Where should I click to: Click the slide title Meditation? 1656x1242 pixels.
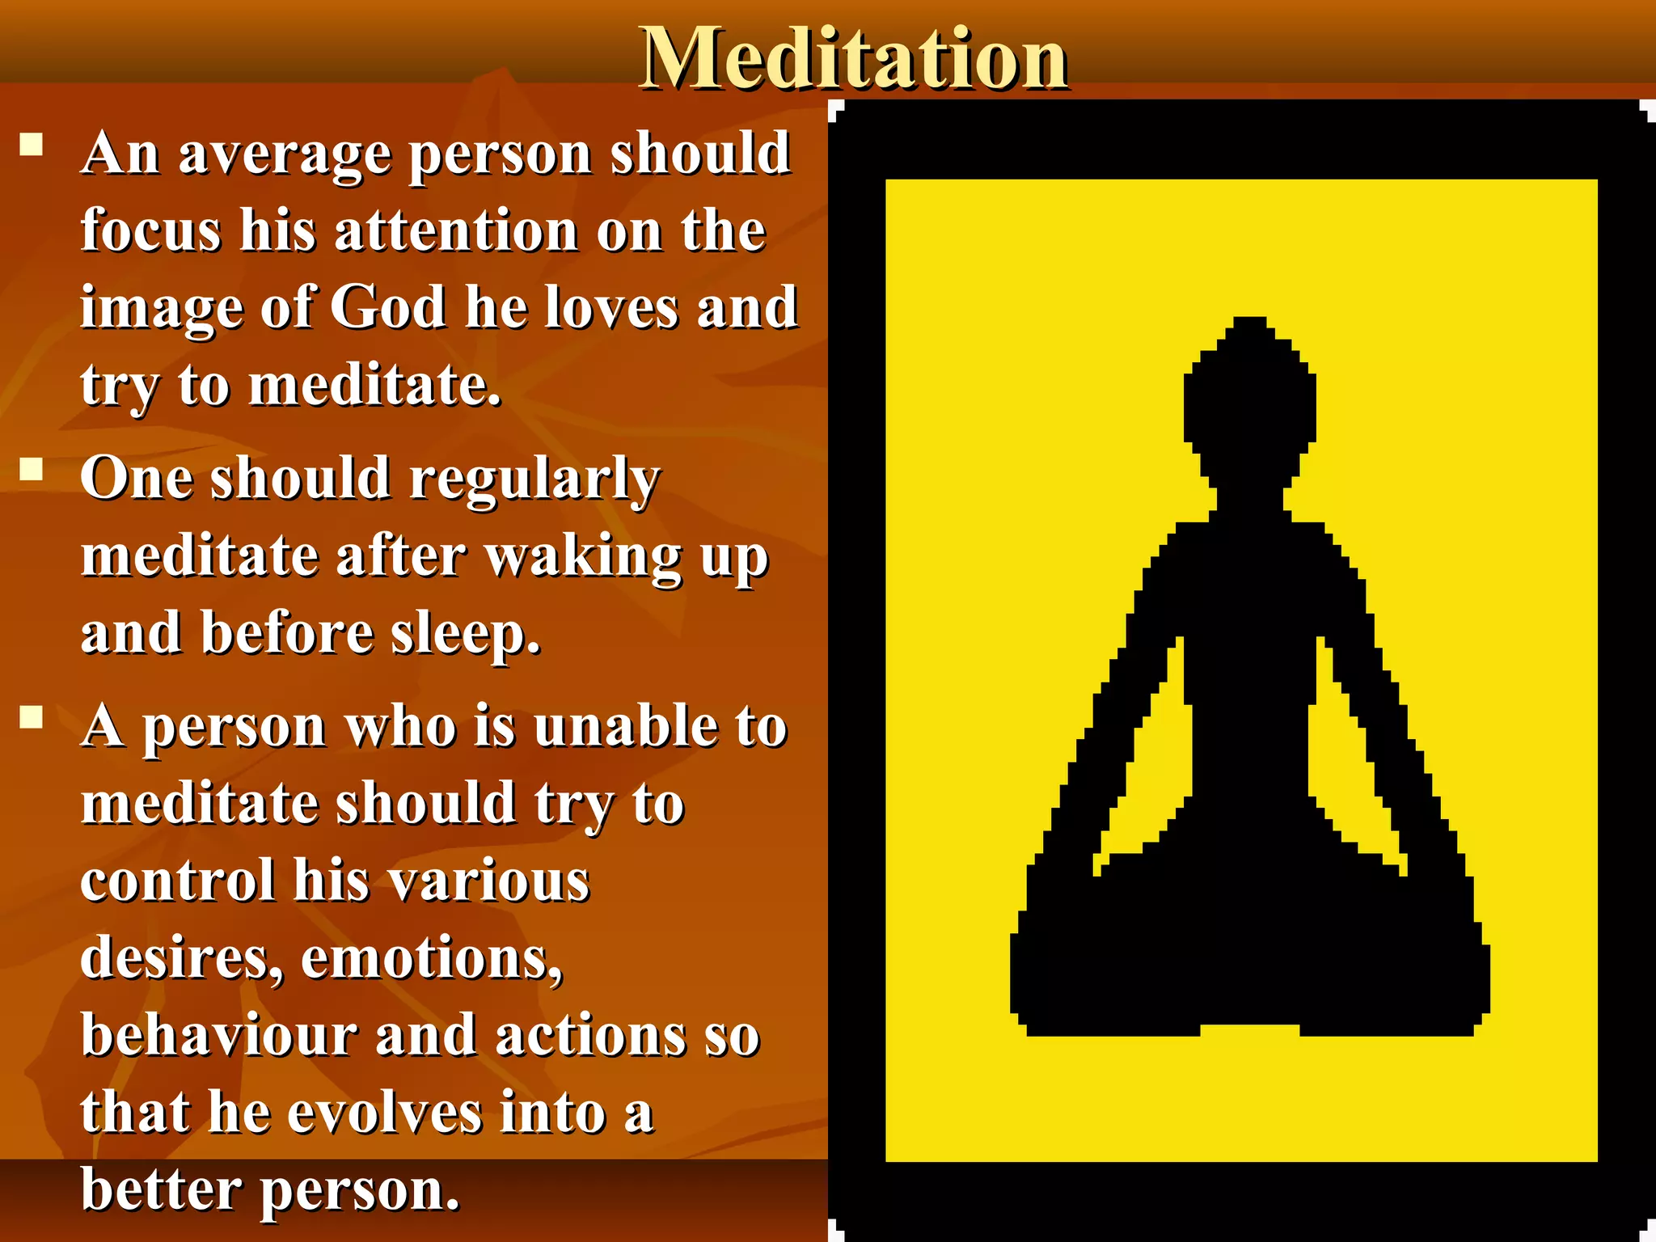pos(854,58)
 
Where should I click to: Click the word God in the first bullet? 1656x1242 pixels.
pos(388,307)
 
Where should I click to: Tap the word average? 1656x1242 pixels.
pos(285,155)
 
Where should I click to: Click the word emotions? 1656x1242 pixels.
pos(432,958)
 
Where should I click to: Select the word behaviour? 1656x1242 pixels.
pos(218,1035)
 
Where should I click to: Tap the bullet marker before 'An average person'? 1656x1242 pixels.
pos(32,146)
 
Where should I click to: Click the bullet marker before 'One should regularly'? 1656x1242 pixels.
pos(32,470)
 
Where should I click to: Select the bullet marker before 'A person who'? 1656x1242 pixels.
pos(32,718)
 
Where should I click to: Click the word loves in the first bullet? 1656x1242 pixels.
pos(612,307)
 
